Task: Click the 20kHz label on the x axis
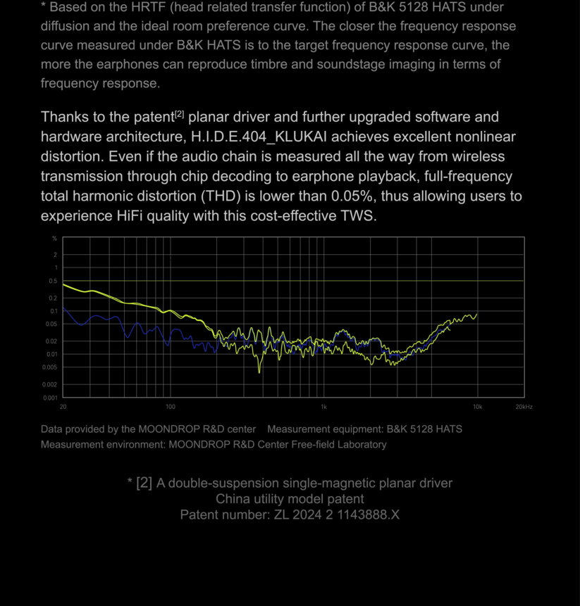524,407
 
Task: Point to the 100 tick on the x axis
171,407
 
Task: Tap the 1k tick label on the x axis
324,407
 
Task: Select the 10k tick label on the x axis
477,407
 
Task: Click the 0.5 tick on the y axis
54,281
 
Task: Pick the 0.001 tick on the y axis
51,398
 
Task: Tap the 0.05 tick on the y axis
52,324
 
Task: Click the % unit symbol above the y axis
55,239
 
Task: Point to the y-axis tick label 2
56,255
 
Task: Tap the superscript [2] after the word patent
179,114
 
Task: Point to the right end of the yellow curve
477,315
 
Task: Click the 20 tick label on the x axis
63,407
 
